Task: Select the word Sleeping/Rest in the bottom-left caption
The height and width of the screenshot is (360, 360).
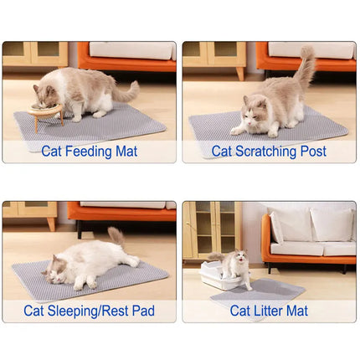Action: (x=88, y=311)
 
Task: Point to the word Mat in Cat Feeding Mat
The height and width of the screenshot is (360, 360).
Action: (x=126, y=152)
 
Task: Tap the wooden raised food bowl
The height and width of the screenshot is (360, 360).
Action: (x=47, y=113)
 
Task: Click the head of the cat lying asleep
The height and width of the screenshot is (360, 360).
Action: (x=57, y=268)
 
